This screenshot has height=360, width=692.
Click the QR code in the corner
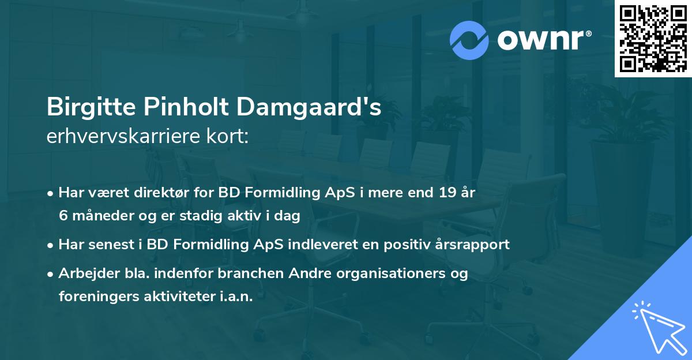[x=653, y=38]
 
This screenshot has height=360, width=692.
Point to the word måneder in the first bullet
[x=97, y=215]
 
